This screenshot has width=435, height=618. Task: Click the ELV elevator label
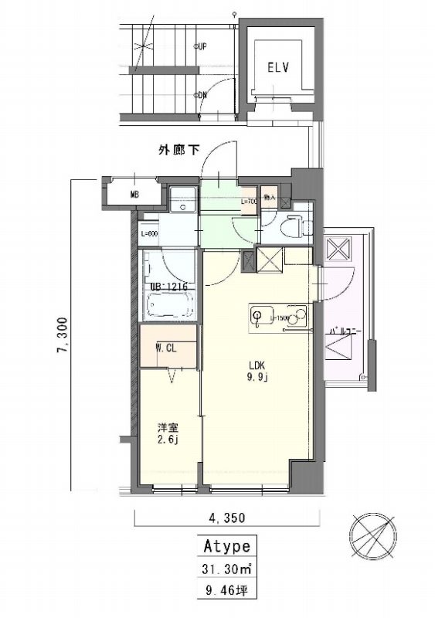pyautogui.click(x=278, y=67)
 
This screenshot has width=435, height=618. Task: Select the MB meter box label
pyautogui.click(x=134, y=195)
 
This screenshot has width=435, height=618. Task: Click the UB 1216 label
pyautogui.click(x=168, y=286)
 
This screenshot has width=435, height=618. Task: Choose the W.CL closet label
pyautogui.click(x=167, y=348)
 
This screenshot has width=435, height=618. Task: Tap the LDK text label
pyautogui.click(x=257, y=366)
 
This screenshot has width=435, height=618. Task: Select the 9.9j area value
pyautogui.click(x=258, y=378)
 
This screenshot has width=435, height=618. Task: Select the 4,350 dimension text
pyautogui.click(x=223, y=517)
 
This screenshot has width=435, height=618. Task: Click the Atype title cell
pyautogui.click(x=226, y=547)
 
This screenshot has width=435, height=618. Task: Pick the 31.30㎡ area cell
pyautogui.click(x=226, y=569)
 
